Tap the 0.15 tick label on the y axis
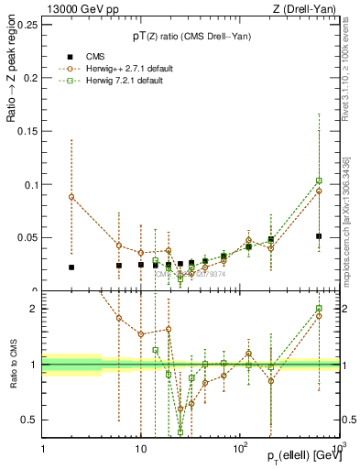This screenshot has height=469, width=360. [x=27, y=131]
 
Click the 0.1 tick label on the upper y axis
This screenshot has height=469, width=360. [x=30, y=184]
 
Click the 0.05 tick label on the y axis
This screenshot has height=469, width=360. [x=27, y=237]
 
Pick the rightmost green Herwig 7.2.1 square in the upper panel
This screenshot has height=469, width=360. [x=319, y=180]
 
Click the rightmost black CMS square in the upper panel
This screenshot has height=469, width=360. [x=319, y=236]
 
